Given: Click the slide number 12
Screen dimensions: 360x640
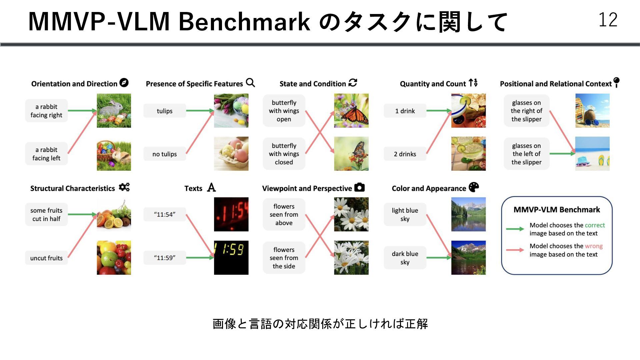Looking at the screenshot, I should coord(608,20).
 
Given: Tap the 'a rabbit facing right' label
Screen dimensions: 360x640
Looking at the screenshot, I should coord(46,111).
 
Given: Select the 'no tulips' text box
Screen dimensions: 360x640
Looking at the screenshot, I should coord(165,154).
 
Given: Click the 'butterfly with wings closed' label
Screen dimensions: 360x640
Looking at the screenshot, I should coord(284,154).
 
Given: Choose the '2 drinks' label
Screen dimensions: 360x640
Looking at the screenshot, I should coord(405,154).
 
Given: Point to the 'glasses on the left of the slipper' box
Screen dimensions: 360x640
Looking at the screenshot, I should coord(526,154).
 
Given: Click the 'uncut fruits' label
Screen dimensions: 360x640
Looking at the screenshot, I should coord(46,258).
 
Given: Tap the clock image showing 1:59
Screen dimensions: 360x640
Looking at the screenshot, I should coord(231,258).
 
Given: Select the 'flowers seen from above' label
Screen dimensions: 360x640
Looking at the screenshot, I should coord(284,215).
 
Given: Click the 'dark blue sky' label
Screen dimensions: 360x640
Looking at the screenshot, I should coord(405,258).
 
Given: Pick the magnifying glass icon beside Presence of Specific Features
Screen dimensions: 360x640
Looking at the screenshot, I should coord(250,83).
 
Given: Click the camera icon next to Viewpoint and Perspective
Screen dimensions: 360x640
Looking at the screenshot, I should coord(359,188).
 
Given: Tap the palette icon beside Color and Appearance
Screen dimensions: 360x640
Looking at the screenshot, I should coord(474,188).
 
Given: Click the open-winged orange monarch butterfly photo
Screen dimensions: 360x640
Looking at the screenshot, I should coord(351,111).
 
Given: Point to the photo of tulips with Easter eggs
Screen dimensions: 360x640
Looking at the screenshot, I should coord(231,111).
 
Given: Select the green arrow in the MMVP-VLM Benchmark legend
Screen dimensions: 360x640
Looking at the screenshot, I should coord(515,229).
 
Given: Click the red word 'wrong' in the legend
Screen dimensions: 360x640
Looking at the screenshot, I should coord(594,246).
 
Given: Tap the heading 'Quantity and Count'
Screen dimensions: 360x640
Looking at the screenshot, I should coord(433,84).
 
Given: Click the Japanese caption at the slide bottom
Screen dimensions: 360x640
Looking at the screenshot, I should coord(320,324).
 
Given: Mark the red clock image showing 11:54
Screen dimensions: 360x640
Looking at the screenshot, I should coord(231,214).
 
